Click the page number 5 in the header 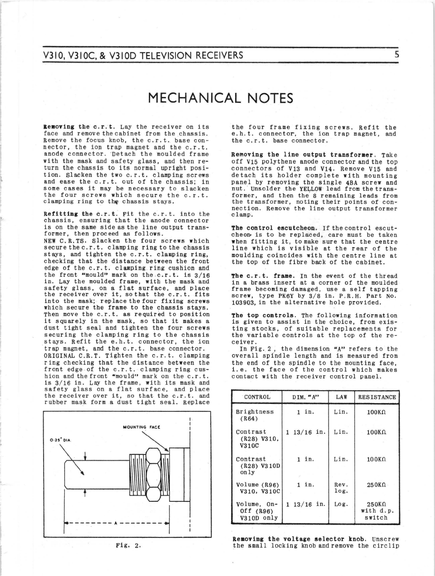(396, 55)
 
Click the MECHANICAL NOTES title (220, 98)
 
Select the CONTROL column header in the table (257, 397)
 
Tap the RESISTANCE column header (377, 397)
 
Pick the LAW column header (341, 397)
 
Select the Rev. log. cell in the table (341, 488)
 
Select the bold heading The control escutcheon (268, 228)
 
